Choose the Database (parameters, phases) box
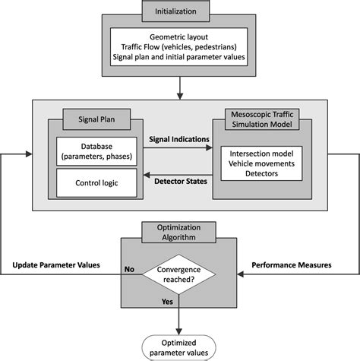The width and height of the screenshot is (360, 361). tap(96, 150)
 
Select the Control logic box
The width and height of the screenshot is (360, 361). tap(96, 182)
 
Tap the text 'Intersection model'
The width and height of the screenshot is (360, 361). tap(261, 150)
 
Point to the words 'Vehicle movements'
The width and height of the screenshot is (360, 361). tap(261, 162)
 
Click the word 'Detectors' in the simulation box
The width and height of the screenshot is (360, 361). tap(261, 174)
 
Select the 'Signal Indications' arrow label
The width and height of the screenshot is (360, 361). tap(179, 139)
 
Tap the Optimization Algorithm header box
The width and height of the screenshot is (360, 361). tap(180, 233)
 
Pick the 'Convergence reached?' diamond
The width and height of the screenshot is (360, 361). tap(180, 273)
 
